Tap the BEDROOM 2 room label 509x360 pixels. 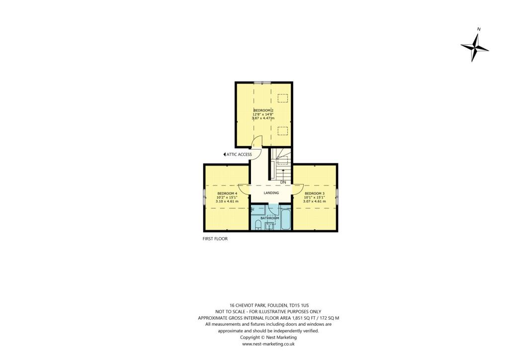[263, 110]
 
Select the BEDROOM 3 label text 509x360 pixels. [315, 193]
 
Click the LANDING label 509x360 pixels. [271, 193]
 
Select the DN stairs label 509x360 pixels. [282, 182]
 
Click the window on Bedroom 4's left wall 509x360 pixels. [204, 196]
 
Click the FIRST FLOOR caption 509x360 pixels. [215, 239]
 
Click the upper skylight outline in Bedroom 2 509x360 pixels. [282, 98]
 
